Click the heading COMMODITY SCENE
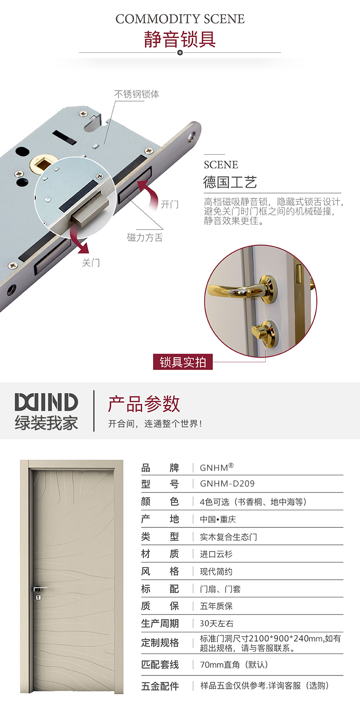click(180, 19)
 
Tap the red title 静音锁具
click(180, 39)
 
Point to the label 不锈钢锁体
click(137, 94)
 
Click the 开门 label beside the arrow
click(170, 205)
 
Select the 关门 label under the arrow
click(91, 262)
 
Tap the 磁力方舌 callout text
click(145, 237)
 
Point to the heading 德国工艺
click(230, 182)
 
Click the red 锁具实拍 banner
click(183, 362)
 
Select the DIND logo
click(46, 402)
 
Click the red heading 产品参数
click(144, 404)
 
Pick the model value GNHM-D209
click(227, 483)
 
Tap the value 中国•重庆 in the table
click(218, 519)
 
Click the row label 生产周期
click(160, 624)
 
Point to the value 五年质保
click(216, 606)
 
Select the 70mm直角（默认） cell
click(234, 665)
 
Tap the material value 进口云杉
click(216, 554)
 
